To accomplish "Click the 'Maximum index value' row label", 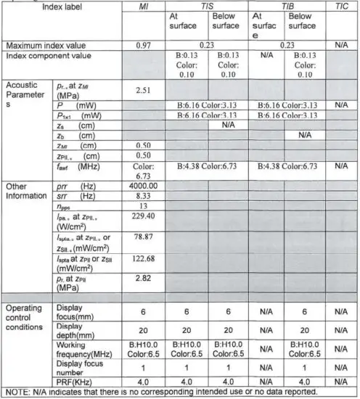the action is coord(46,45).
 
